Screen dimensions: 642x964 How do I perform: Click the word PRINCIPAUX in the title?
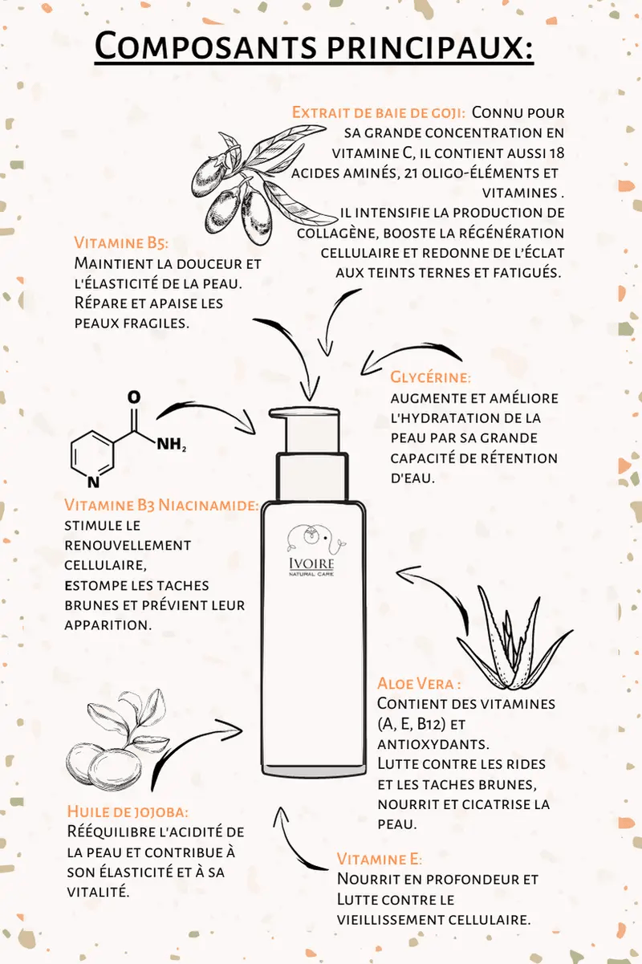[x=429, y=45]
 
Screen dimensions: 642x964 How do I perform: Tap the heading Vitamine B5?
[x=121, y=242]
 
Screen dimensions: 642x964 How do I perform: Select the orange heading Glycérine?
[x=430, y=377]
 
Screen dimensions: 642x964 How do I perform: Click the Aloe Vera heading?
[x=419, y=683]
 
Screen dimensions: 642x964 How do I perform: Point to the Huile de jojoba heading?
[x=128, y=811]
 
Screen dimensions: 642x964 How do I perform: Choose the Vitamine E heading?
[x=379, y=859]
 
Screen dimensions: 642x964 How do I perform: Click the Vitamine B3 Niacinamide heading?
[x=162, y=505]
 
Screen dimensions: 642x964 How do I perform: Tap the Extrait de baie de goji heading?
[x=379, y=112]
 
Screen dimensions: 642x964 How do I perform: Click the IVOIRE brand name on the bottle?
[x=311, y=563]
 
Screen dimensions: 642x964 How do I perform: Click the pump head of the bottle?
[x=305, y=430]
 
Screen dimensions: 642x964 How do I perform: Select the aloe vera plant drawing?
[x=514, y=638]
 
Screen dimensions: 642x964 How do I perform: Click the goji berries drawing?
[x=258, y=183]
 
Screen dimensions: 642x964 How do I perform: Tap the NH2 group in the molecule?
[x=171, y=444]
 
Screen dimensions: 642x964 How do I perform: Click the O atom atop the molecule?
[x=134, y=397]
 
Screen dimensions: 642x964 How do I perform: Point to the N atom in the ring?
[x=93, y=482]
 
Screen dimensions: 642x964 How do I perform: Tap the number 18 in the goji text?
[x=555, y=153]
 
